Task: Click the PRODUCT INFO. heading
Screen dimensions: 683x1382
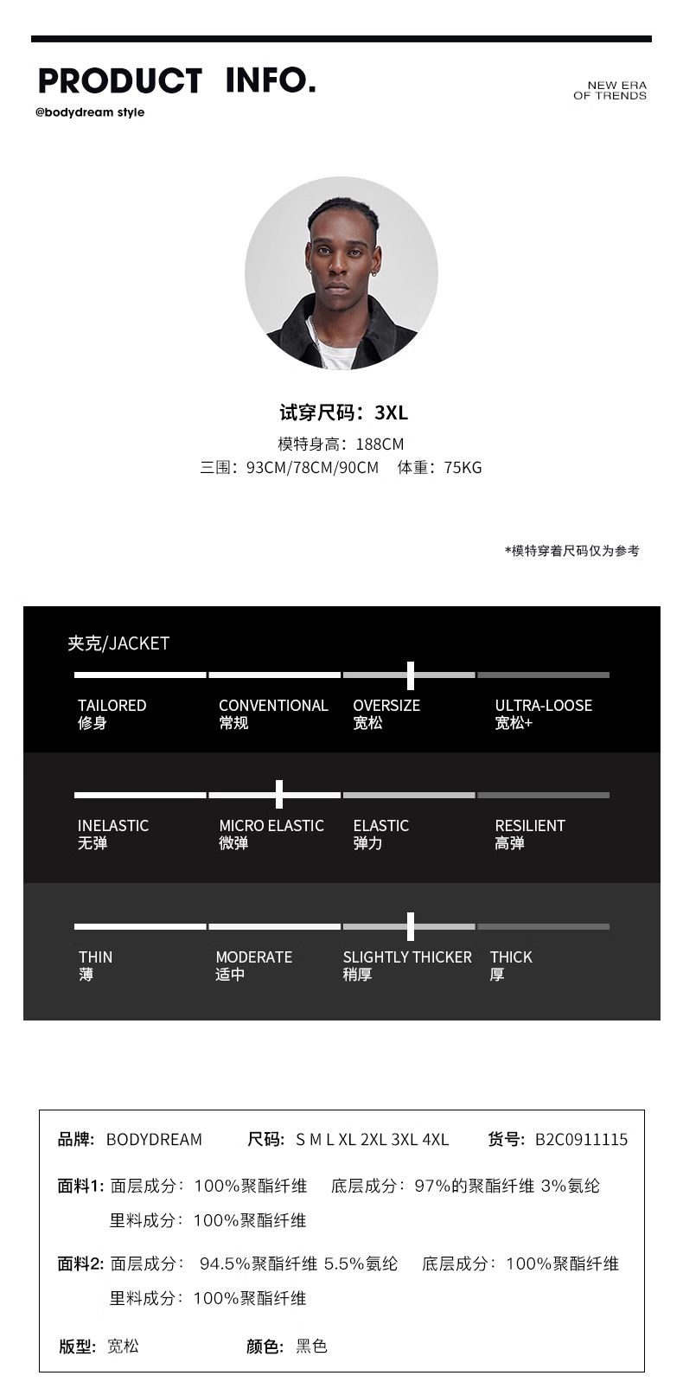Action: (x=176, y=80)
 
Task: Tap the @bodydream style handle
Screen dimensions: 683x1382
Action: (x=90, y=112)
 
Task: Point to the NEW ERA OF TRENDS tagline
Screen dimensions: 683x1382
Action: (x=610, y=91)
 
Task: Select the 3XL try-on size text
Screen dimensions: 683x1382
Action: (x=391, y=413)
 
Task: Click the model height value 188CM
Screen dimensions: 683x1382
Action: (x=380, y=445)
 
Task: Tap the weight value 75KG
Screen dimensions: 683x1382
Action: (x=463, y=468)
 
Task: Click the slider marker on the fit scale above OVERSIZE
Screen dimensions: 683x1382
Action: (x=410, y=675)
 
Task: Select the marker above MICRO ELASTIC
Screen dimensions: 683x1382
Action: (x=278, y=794)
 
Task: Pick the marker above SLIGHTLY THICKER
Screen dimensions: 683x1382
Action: (x=410, y=926)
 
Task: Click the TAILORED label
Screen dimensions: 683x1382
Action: (x=112, y=706)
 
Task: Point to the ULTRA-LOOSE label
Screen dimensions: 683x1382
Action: (x=543, y=706)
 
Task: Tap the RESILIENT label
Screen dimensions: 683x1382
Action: (x=529, y=826)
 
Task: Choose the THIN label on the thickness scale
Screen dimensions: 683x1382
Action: (x=95, y=957)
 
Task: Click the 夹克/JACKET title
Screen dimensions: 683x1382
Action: (x=118, y=643)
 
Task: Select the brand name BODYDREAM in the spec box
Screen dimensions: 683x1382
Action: (x=154, y=1140)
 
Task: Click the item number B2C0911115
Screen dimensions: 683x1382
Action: (x=581, y=1140)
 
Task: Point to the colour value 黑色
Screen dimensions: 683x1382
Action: (x=311, y=1347)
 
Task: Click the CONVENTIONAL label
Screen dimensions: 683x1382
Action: (x=273, y=706)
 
